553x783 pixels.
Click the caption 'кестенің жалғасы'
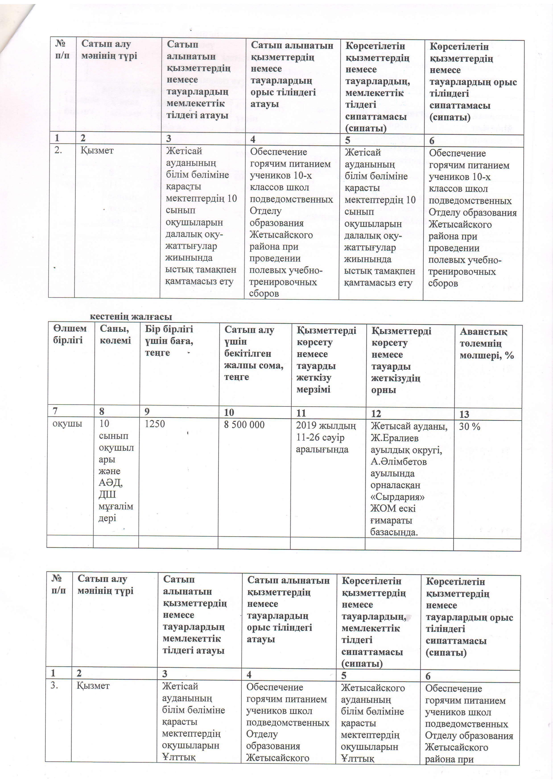click(131, 317)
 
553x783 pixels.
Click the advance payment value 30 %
click(470, 426)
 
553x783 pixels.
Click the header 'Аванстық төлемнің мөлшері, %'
click(487, 344)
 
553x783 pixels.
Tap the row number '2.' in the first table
click(58, 150)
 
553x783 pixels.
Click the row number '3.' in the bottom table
click(54, 685)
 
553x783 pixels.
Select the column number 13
click(464, 414)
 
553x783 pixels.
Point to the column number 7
click(55, 412)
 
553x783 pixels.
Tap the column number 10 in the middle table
click(229, 413)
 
